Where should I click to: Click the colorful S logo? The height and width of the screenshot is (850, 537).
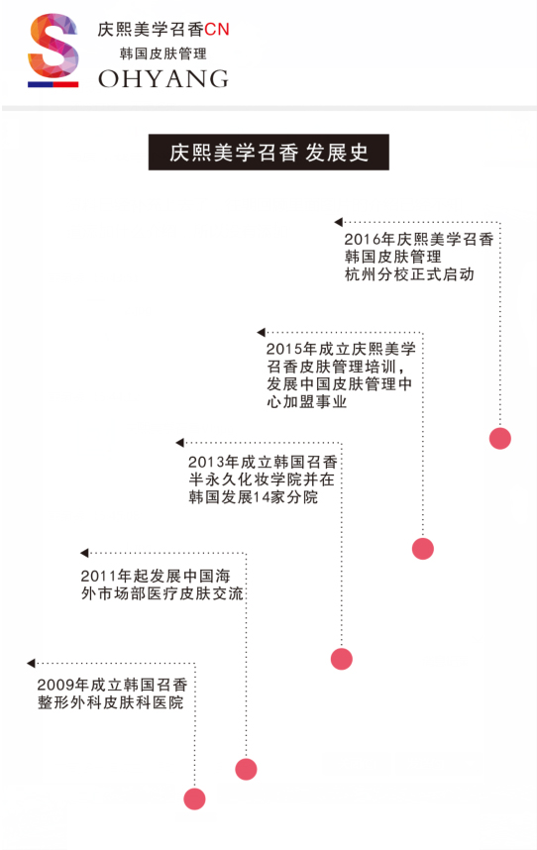pos(54,50)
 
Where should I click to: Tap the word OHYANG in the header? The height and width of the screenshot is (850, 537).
pos(163,79)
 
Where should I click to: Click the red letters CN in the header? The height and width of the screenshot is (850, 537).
pos(217,30)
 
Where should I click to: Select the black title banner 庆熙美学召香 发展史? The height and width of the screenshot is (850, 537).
pos(268,153)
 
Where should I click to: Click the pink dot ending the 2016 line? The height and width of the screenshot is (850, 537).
pos(499,438)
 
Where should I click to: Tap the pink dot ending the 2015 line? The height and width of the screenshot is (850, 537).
pos(423,549)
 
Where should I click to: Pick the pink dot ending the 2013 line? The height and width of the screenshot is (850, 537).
pos(342,659)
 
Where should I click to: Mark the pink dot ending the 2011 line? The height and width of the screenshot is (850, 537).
pos(246,769)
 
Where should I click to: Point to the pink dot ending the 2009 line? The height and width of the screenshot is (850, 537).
pos(194,799)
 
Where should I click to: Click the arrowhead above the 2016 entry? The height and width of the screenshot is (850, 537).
pos(339,222)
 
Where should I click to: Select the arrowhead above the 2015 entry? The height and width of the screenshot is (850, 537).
pos(262,332)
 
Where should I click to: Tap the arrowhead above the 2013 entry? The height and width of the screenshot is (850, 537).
pos(180,443)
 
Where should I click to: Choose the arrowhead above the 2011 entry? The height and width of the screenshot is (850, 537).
pos(84,553)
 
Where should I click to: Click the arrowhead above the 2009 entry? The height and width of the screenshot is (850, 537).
pos(31,663)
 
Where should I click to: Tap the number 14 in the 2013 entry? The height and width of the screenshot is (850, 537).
pos(262,497)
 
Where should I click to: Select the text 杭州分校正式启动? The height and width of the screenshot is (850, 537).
pos(409,274)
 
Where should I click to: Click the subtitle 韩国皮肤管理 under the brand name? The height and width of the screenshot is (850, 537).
pos(163,53)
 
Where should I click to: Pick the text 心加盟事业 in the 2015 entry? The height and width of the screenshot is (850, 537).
pos(307,401)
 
